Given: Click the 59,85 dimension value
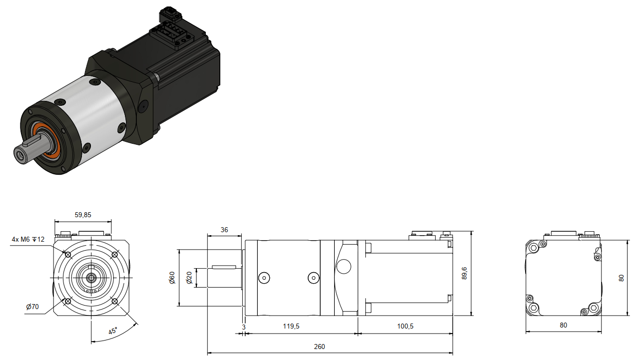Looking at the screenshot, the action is pyautogui.click(x=83, y=215).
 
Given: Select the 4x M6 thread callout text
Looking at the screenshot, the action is pyautogui.click(x=28, y=240).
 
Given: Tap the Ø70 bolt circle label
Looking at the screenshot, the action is pyautogui.click(x=32, y=307).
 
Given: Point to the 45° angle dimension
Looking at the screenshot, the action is pyautogui.click(x=113, y=331).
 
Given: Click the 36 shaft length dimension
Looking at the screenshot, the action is pyautogui.click(x=224, y=230).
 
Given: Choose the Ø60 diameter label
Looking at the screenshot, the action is pyautogui.click(x=172, y=278).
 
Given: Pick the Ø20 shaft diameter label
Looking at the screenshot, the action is pyautogui.click(x=189, y=278).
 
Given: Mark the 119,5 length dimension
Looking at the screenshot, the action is pyautogui.click(x=291, y=327).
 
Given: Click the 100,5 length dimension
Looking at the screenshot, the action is pyautogui.click(x=405, y=327).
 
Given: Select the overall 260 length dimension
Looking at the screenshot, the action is pyautogui.click(x=319, y=347).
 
